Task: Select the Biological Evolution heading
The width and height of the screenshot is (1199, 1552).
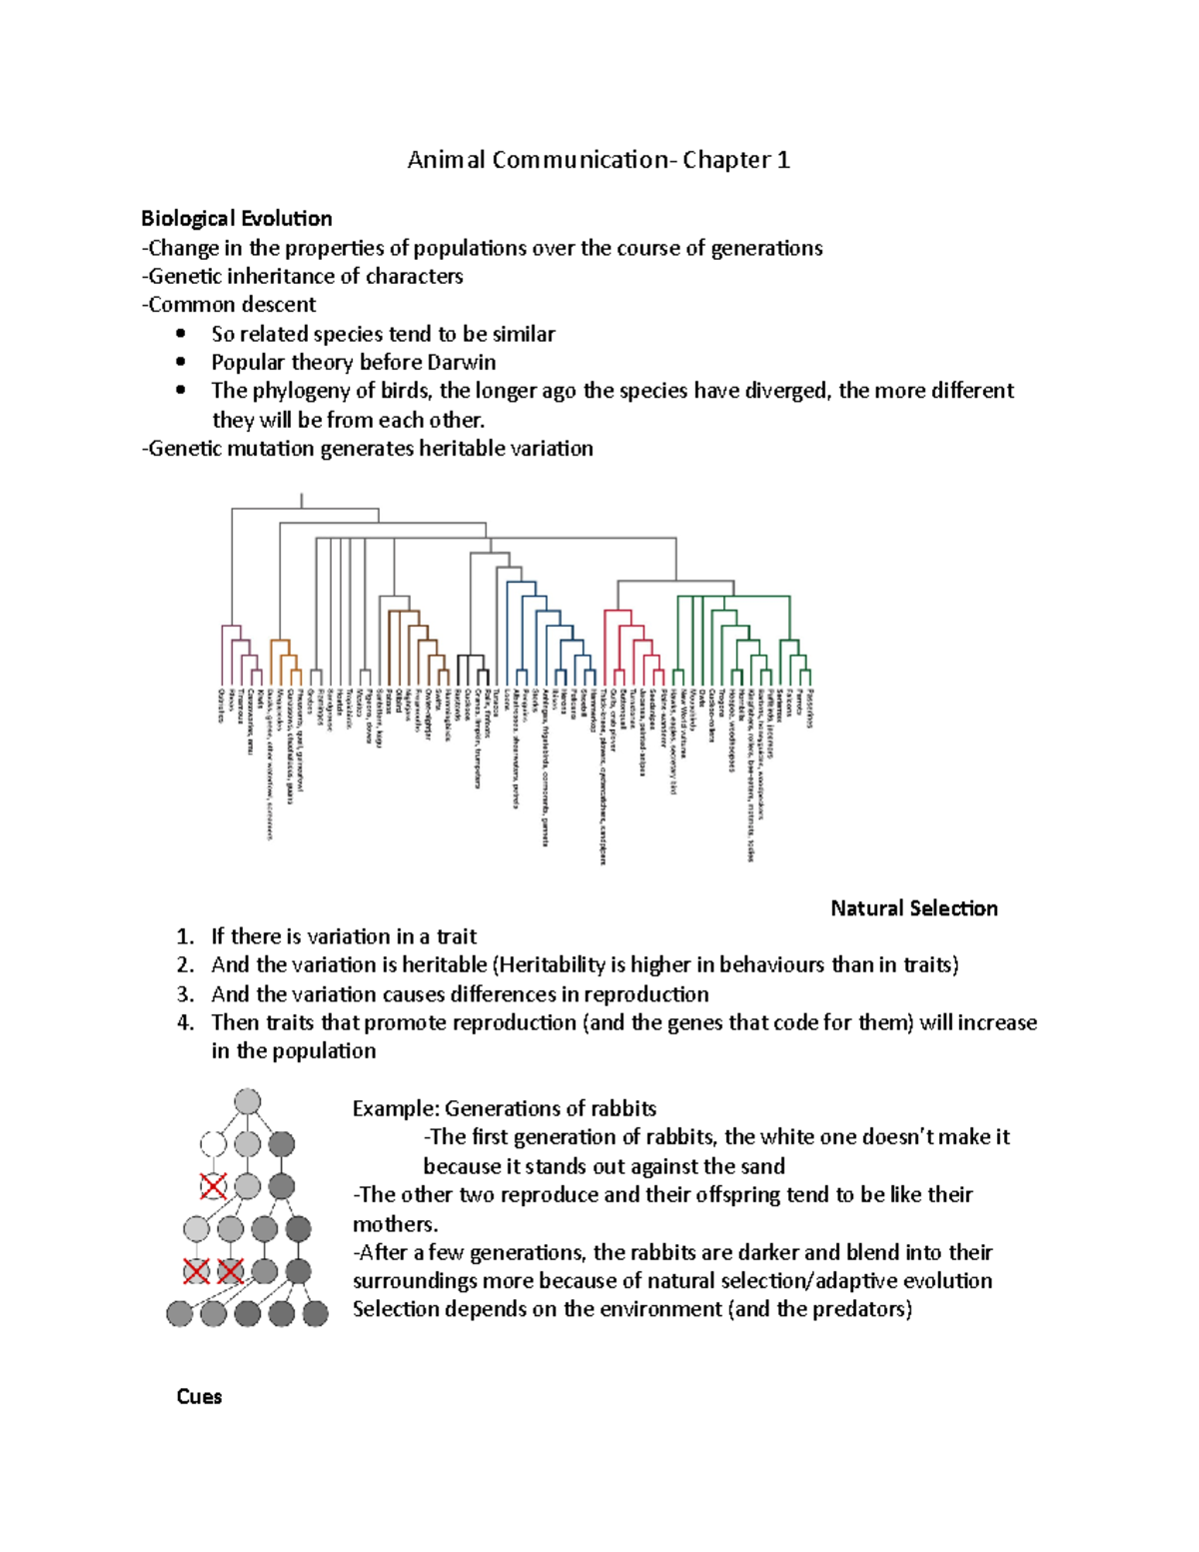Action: [237, 219]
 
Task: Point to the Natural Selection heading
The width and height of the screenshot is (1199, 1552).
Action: [913, 908]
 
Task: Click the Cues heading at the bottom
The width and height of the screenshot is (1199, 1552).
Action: [199, 1397]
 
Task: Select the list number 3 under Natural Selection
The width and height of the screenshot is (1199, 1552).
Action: [185, 994]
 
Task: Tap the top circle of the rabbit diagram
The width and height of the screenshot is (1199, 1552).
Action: [247, 1102]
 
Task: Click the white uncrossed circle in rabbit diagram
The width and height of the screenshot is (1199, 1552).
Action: [213, 1143]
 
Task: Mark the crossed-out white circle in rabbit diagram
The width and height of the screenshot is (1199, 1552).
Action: [213, 1186]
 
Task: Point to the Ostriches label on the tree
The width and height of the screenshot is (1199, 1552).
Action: [221, 706]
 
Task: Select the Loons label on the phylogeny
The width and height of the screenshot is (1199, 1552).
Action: [509, 699]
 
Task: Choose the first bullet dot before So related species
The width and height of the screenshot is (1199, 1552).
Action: [181, 334]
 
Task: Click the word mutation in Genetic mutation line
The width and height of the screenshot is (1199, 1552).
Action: [271, 449]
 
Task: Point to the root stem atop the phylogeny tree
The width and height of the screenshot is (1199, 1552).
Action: [302, 500]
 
